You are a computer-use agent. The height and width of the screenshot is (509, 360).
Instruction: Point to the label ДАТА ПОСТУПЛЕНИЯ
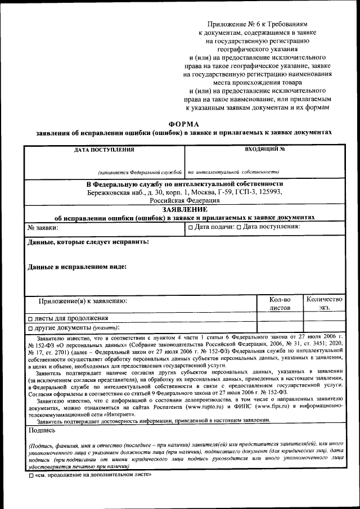tap(104, 150)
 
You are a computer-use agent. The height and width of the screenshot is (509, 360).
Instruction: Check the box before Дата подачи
tap(191, 227)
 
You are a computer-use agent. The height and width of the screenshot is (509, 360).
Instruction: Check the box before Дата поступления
tap(238, 227)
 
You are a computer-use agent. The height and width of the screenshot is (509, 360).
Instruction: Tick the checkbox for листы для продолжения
tap(30, 318)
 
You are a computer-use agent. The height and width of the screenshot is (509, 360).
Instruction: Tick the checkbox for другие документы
tap(30, 328)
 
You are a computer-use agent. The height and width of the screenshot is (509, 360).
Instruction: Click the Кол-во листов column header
tap(280, 304)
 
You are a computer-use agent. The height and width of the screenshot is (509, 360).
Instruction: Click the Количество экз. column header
tap(324, 304)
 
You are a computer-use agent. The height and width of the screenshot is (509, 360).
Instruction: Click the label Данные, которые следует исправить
tap(88, 241)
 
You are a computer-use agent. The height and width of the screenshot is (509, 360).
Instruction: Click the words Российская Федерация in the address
tap(184, 200)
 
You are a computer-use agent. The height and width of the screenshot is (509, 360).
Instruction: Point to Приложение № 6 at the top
tap(229, 25)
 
